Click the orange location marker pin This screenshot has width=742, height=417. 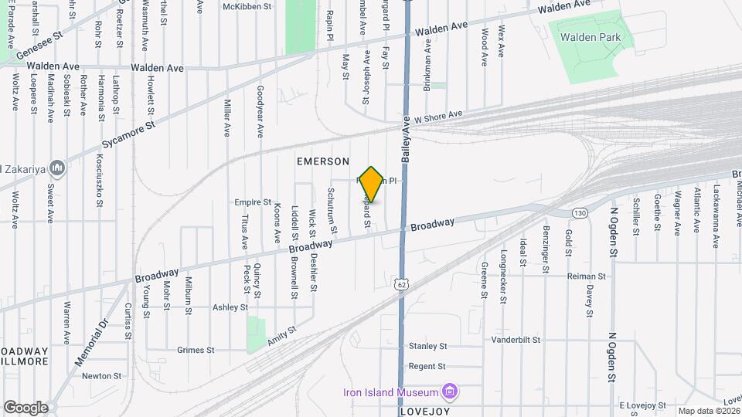pyautogui.click(x=372, y=184)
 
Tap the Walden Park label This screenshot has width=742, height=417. pyautogui.click(x=591, y=37)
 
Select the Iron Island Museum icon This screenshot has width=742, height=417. pyautogui.click(x=448, y=392)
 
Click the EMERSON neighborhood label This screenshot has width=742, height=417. pyautogui.click(x=323, y=161)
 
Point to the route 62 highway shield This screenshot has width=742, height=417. pyautogui.click(x=402, y=284)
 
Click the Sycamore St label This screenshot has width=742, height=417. pyautogui.click(x=129, y=134)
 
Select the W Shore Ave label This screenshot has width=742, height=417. pyautogui.click(x=437, y=117)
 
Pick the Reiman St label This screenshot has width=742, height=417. pyautogui.click(x=586, y=276)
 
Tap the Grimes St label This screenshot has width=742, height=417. pyautogui.click(x=196, y=350)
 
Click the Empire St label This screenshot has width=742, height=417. pyautogui.click(x=253, y=202)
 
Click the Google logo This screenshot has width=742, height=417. pyautogui.click(x=25, y=408)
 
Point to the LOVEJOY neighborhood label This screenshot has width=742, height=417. pyautogui.click(x=424, y=412)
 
